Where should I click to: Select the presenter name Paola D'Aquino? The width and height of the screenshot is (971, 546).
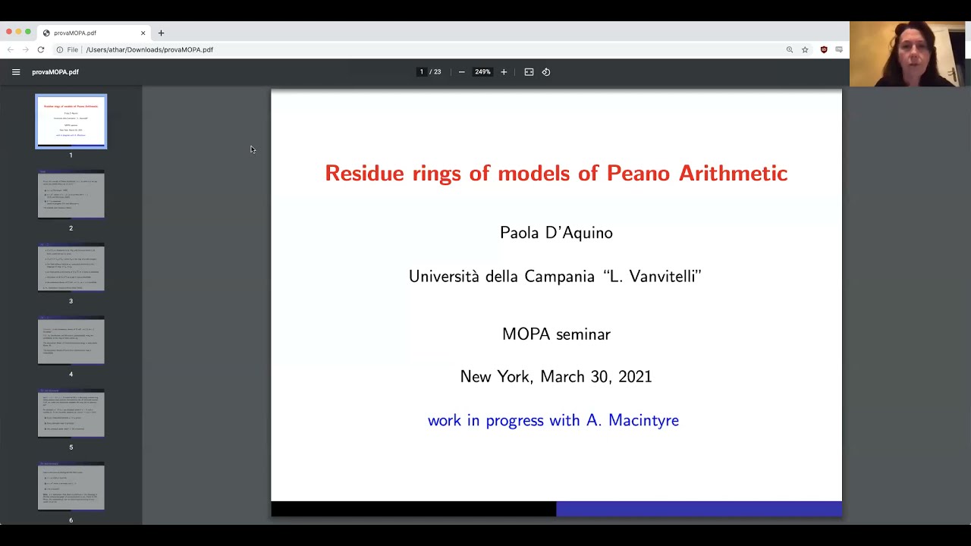tap(556, 233)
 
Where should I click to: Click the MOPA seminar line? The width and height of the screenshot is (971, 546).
tap(556, 334)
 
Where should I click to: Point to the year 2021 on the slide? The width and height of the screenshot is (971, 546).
tap(635, 377)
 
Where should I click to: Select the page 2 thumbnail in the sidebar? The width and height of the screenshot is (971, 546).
tap(71, 195)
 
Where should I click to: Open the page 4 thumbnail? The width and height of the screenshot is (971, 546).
tap(71, 341)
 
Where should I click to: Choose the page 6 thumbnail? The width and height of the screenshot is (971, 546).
tap(71, 487)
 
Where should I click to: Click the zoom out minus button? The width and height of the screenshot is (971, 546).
tap(461, 72)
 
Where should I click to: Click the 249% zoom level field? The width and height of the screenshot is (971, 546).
tap(482, 72)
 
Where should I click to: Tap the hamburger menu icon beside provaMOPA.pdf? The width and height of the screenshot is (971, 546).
tap(16, 72)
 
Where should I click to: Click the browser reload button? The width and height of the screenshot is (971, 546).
tap(41, 50)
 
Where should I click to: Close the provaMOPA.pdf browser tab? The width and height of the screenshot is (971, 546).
tap(143, 33)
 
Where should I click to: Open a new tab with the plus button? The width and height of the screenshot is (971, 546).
tap(161, 33)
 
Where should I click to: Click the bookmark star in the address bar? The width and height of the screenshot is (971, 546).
tap(805, 50)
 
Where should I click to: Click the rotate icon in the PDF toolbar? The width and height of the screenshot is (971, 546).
tap(546, 72)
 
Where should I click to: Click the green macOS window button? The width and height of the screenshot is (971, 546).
tap(28, 32)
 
